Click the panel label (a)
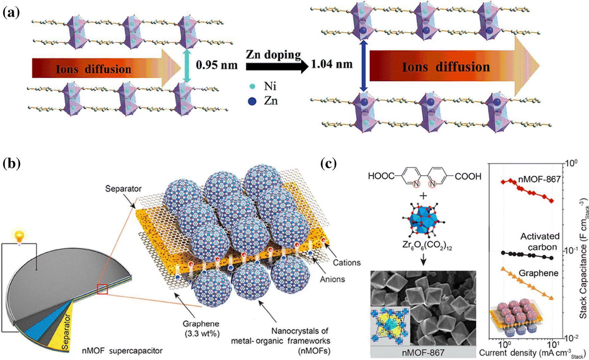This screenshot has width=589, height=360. (11, 12)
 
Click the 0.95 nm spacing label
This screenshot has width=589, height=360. (216, 65)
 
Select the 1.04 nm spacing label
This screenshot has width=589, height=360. (332, 64)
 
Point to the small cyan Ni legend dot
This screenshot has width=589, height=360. (252, 86)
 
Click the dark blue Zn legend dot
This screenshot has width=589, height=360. (252, 101)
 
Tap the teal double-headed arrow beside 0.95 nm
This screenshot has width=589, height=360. (187, 66)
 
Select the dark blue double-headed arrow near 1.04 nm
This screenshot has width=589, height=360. (364, 66)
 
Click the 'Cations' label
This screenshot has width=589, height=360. (347, 263)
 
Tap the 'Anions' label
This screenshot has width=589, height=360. (332, 279)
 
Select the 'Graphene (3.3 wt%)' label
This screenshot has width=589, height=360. (201, 328)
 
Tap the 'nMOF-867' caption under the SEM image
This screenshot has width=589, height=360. (423, 352)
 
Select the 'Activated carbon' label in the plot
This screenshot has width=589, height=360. (540, 241)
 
